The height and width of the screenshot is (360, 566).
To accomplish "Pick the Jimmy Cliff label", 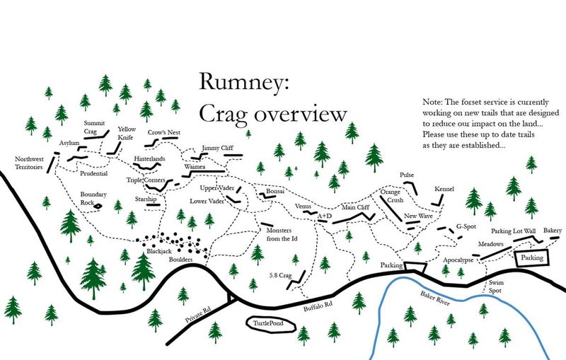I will click(x=217, y=148).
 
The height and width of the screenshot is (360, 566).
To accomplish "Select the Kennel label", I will click(x=444, y=190).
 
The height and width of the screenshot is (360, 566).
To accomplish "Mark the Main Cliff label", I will click(x=356, y=208).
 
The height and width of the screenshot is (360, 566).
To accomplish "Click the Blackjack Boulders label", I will click(x=167, y=255).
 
